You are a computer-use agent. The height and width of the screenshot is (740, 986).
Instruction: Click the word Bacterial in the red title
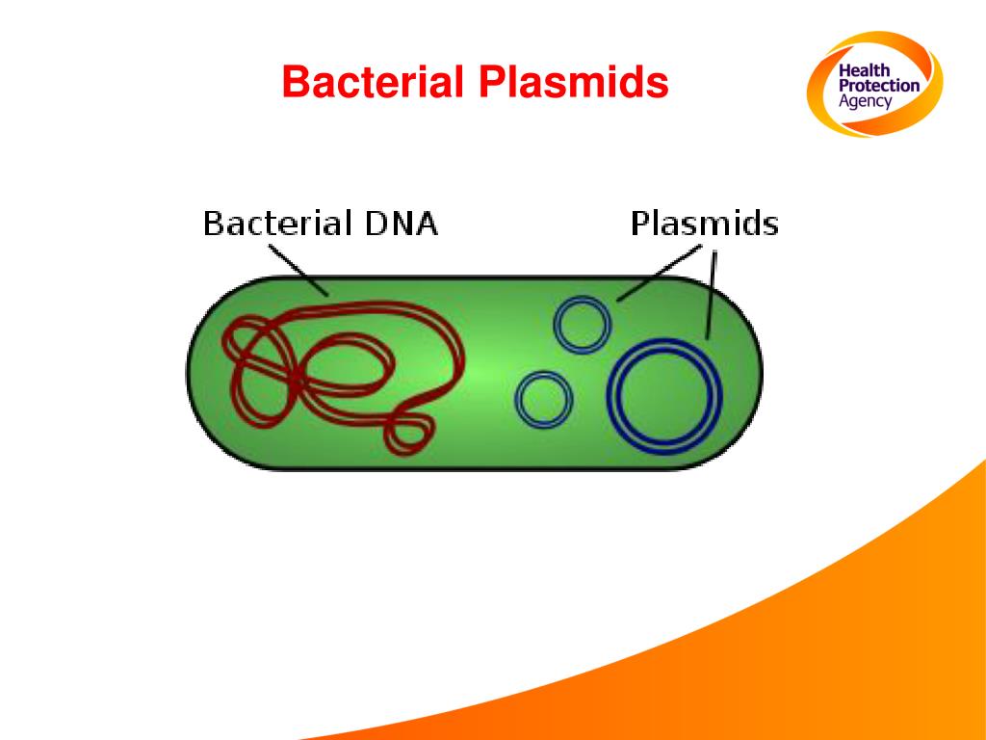pos(374,83)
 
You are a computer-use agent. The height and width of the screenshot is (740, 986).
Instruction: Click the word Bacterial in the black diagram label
pos(276,225)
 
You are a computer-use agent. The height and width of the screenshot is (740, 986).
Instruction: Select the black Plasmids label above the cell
pos(704,225)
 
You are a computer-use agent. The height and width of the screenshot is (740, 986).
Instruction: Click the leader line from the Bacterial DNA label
pos(298,270)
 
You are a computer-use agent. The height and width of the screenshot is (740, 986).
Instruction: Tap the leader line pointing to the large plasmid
pos(712,294)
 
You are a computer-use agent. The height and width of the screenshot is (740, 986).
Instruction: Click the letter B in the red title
pos(294,83)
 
